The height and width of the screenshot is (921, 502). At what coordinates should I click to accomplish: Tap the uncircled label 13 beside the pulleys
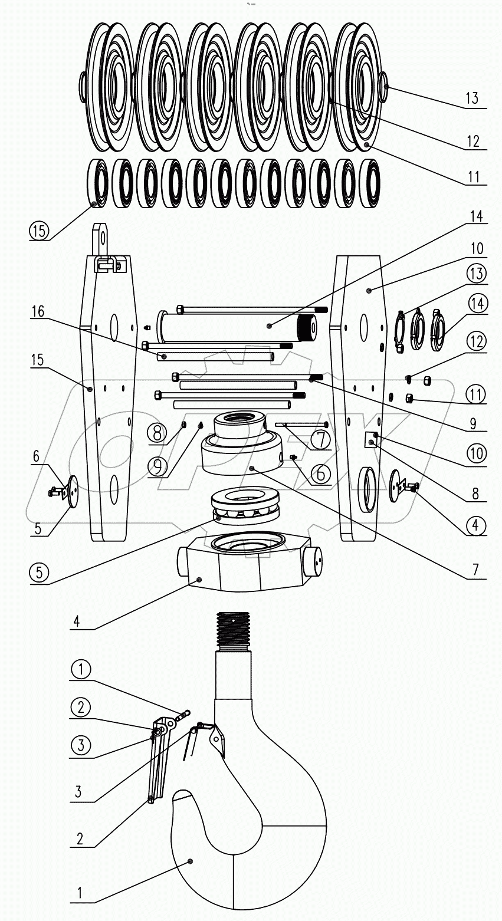coord(471,98)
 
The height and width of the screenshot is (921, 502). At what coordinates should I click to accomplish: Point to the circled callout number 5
coord(38,571)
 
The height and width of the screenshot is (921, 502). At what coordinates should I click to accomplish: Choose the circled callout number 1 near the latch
coord(81,669)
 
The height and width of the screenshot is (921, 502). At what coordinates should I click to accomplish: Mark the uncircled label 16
coord(38,312)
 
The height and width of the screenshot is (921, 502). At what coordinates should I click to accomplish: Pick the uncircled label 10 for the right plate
coord(476,249)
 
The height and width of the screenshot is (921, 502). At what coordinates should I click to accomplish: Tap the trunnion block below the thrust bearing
coord(248,567)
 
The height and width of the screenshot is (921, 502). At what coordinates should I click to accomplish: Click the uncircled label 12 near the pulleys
coord(472,142)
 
